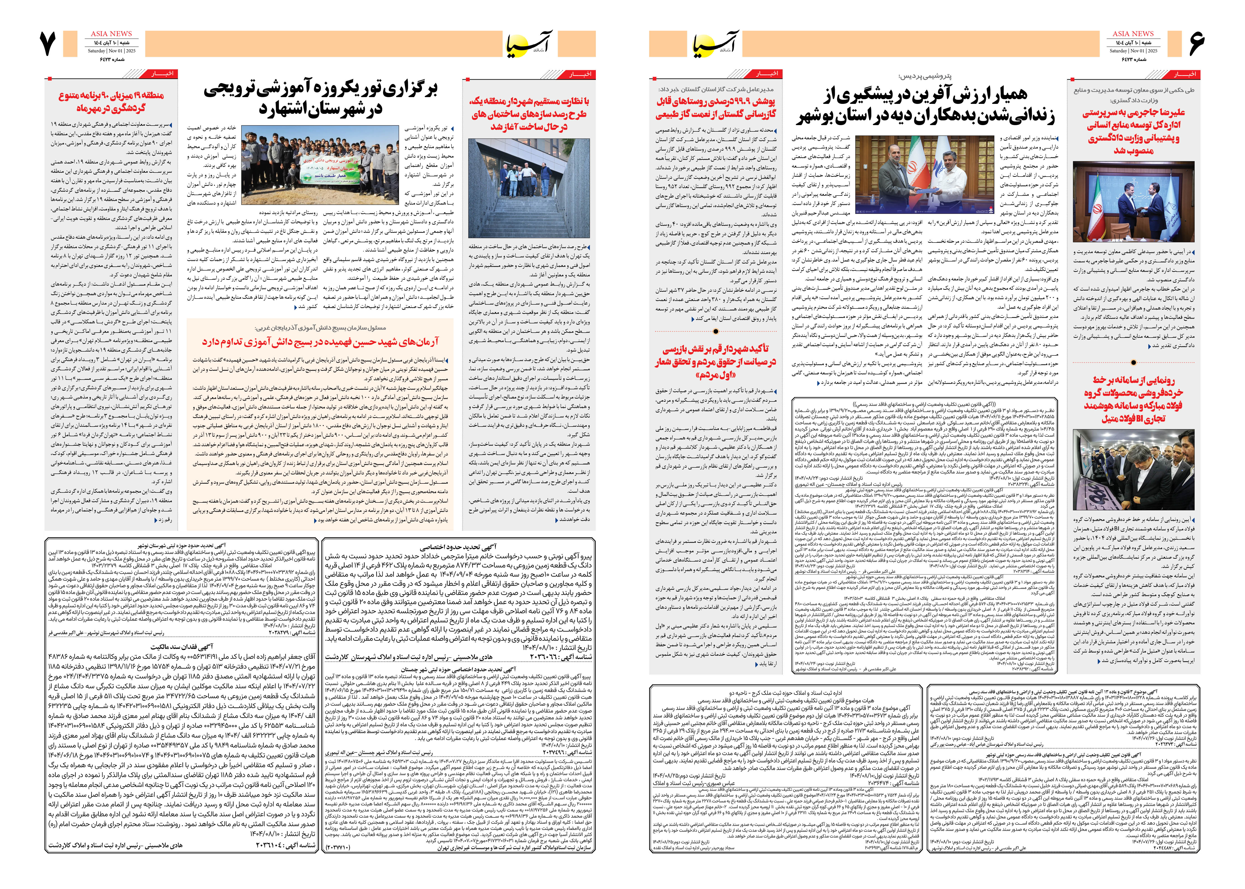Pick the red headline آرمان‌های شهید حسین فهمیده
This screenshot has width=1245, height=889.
[320, 342]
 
